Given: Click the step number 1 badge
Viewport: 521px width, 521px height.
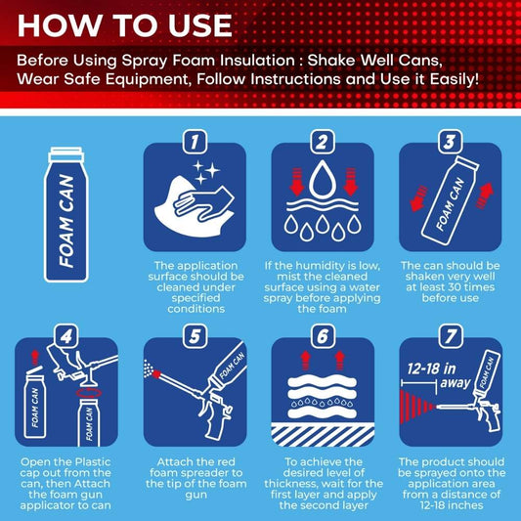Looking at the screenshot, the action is pyautogui.click(x=195, y=142).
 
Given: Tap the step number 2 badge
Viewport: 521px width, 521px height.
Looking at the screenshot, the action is pyautogui.click(x=323, y=142).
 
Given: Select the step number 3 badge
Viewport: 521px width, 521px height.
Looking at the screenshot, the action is pyautogui.click(x=451, y=142).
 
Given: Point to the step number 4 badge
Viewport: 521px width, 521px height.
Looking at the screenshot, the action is pyautogui.click(x=66, y=336).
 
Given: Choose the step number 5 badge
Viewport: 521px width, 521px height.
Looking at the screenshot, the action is pyautogui.click(x=195, y=336).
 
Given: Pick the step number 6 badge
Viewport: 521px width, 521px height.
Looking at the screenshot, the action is pyautogui.click(x=323, y=336).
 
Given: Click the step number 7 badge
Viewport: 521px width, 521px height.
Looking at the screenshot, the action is pyautogui.click(x=451, y=336).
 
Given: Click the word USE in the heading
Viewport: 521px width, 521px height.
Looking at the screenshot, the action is pyautogui.click(x=200, y=25).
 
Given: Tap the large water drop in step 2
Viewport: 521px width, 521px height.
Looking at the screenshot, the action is pyautogui.click(x=323, y=180).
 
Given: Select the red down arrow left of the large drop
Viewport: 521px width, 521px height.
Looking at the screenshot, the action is pyautogui.click(x=297, y=182).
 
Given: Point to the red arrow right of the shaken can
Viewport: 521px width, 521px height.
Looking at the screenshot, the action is pyautogui.click(x=485, y=196).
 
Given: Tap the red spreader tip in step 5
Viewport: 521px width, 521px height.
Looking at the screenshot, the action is pyautogui.click(x=156, y=374).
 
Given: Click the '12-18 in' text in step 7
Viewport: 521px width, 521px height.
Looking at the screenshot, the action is pyautogui.click(x=431, y=369).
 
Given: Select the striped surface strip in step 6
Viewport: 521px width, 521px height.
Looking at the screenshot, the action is pyautogui.click(x=323, y=435).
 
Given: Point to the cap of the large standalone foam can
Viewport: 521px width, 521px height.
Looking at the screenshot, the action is pyautogui.click(x=65, y=154).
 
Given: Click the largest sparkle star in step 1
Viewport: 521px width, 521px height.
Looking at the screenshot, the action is pyautogui.click(x=212, y=170).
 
